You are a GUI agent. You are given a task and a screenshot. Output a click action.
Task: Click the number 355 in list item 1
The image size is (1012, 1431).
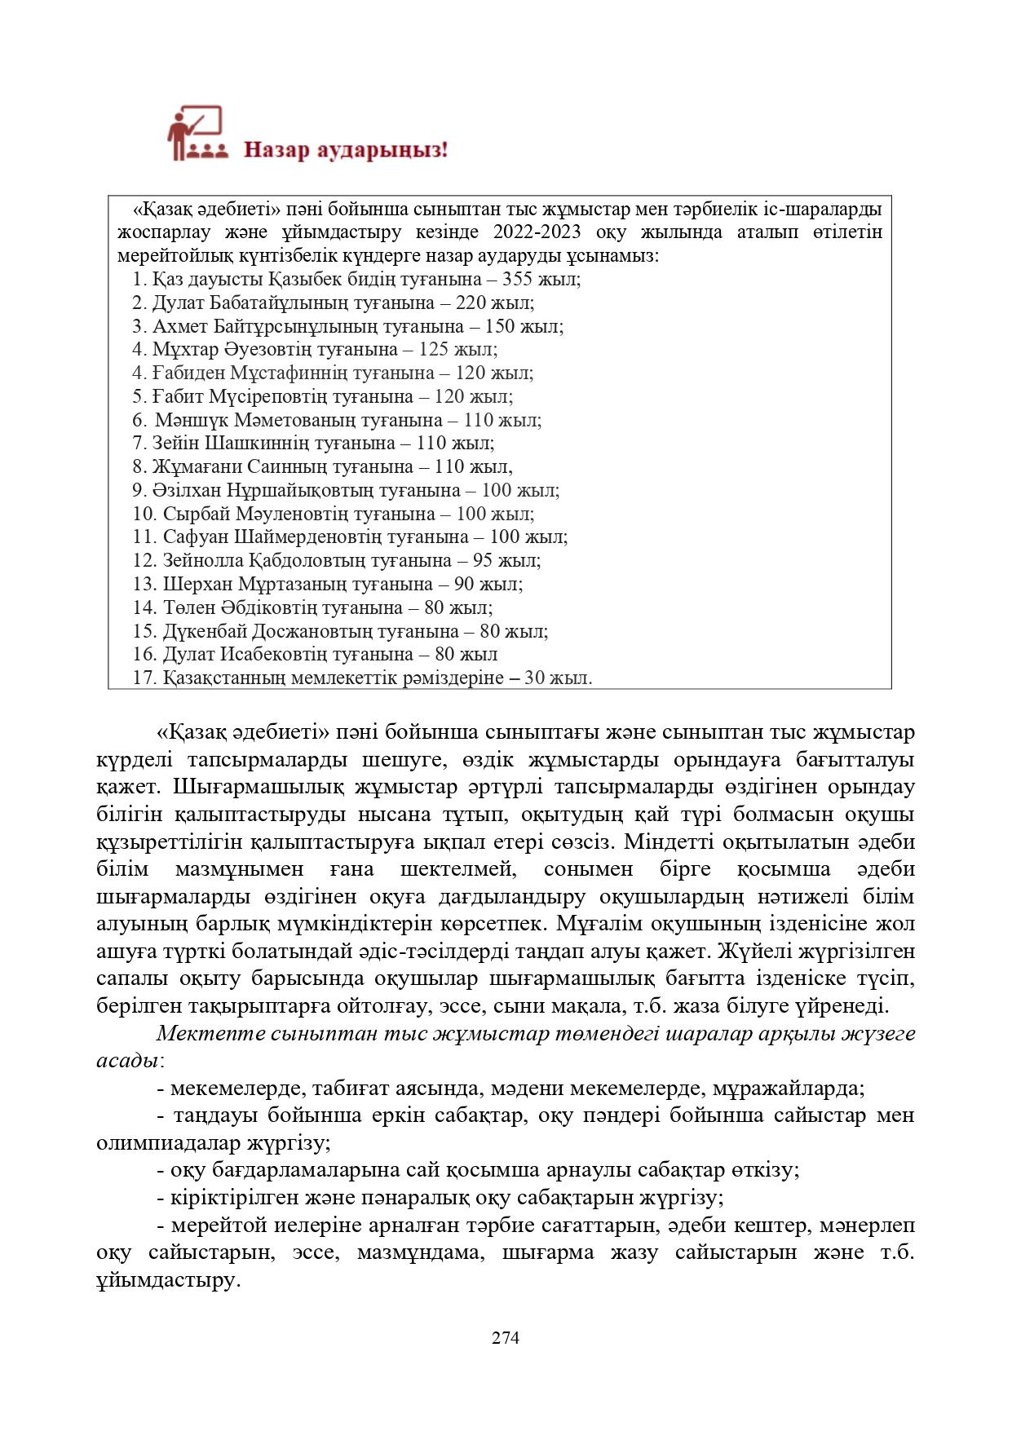pyautogui.click(x=518, y=280)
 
